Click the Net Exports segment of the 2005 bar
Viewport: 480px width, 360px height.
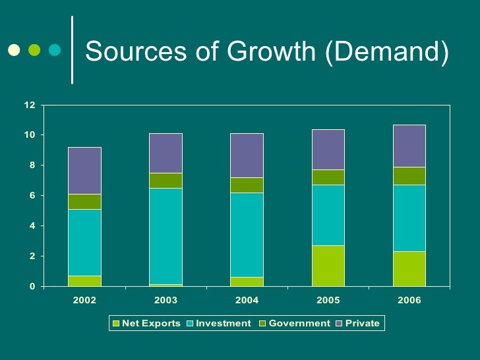pyautogui.click(x=328, y=266)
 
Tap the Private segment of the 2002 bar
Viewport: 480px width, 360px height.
pyautogui.click(x=84, y=170)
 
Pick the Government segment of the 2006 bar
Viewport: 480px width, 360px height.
pyautogui.click(x=409, y=176)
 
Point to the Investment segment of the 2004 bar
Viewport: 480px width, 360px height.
pyautogui.click(x=247, y=235)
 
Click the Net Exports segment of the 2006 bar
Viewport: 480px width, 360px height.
pyautogui.click(x=409, y=269)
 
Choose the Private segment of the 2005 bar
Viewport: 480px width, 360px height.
pyautogui.click(x=328, y=150)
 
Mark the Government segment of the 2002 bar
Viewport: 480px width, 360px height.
pyautogui.click(x=84, y=202)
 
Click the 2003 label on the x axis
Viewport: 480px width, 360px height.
pyautogui.click(x=165, y=301)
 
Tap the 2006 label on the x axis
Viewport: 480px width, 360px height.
pyautogui.click(x=409, y=301)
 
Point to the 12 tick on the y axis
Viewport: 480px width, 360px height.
pyautogui.click(x=30, y=105)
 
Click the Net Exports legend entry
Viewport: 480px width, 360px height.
pyautogui.click(x=146, y=324)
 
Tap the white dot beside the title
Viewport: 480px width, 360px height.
pyautogui.click(x=13, y=49)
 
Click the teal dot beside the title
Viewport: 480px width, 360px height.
pyautogui.click(x=55, y=49)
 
